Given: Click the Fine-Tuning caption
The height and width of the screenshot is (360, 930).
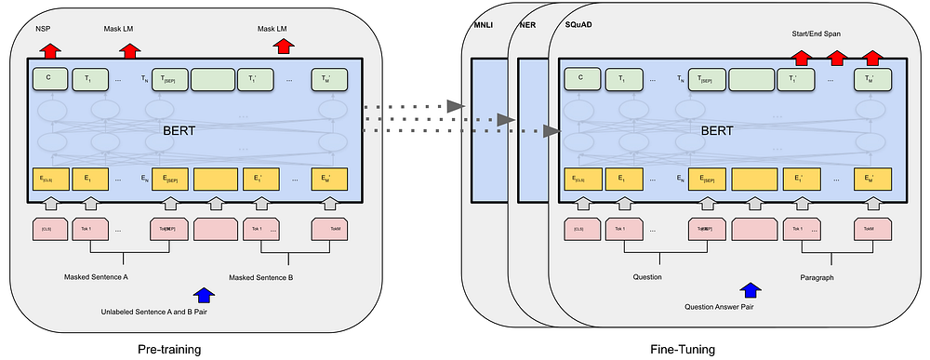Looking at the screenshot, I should (x=684, y=348).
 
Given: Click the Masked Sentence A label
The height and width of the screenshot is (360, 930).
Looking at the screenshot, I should (x=96, y=277).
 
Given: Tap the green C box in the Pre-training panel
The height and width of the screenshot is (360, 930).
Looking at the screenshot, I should (x=48, y=80).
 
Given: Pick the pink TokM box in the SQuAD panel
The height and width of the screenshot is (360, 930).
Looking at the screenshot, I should (x=867, y=228).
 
